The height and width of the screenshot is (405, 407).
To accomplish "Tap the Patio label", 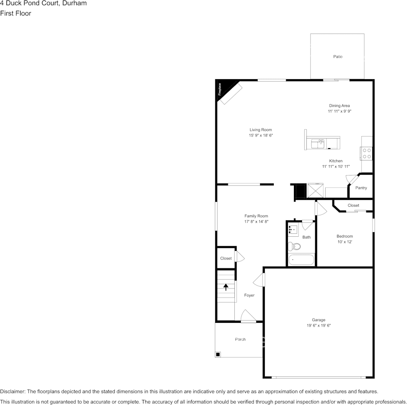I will pos(338,57).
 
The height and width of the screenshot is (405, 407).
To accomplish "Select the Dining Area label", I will pos(339,106).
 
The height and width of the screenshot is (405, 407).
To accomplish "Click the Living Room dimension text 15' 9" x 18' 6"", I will pos(260,135).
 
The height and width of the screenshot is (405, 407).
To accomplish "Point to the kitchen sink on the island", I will pos(317,143).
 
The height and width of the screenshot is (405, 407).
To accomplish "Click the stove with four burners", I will pos(367,153).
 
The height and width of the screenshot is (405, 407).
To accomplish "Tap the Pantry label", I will pos(361,188).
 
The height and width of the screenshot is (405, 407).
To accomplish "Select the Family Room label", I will pos(256,216).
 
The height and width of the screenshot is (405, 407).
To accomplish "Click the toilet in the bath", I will pos(294,246).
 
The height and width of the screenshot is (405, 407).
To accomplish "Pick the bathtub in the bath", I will pos(301,260).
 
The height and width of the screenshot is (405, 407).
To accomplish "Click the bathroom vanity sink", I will pos(293,230).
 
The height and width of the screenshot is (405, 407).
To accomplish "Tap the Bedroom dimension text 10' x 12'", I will pos(344,242).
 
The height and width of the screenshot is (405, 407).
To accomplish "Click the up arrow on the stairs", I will pos(226,287).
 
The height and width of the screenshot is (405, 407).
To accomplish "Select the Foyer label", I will pos(249,295).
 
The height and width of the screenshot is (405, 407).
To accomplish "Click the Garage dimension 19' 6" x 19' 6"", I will pos(318,325).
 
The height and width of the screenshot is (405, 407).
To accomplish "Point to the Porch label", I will pos(240,339).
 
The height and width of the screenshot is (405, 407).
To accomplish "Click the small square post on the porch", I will pos(218,354).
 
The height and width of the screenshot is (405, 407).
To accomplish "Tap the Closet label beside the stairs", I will pos(226,258).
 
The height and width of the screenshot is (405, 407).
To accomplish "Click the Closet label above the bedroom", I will pos(353,205).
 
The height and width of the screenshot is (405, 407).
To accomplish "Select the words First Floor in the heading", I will pos(15,13).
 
